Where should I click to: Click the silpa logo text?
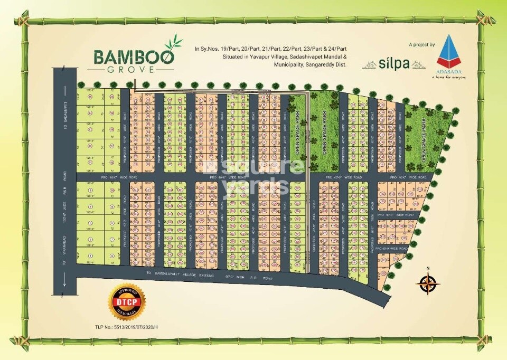tap(394, 64)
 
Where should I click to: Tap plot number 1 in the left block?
tap(90, 255)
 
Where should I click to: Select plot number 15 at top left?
tap(90, 97)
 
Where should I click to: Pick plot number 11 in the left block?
tap(90, 146)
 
